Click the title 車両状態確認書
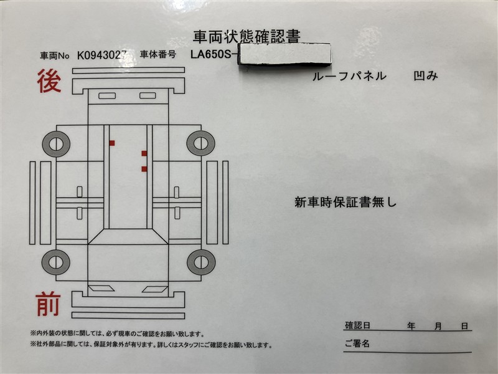point(247,37)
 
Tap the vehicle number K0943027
point(101,55)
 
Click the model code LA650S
point(211,54)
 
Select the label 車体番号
point(158,54)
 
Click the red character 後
point(49,81)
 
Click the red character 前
point(48,304)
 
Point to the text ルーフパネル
point(349,76)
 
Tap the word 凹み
point(426,75)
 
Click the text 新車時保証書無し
point(345,202)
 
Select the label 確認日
point(357,325)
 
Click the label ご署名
point(357,343)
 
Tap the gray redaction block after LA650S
point(284,54)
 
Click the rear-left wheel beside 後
point(56,144)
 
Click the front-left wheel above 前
point(56,262)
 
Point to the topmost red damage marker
point(112,143)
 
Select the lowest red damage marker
point(144,169)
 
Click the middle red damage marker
point(144,153)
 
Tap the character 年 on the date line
point(411,326)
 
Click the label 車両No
point(54,56)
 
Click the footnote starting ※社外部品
point(151,345)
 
